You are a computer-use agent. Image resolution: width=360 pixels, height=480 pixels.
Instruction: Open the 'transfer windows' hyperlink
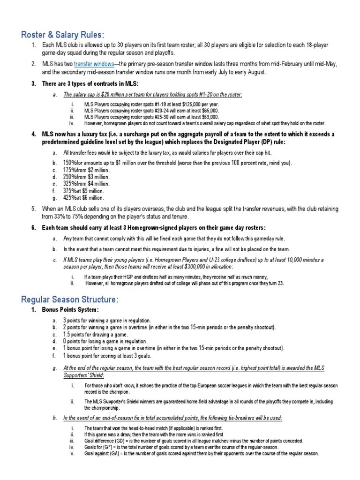[x=94, y=64]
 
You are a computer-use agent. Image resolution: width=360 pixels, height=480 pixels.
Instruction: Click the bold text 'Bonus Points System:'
[x=70, y=310]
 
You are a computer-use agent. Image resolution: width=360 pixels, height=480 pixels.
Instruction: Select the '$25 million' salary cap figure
[x=119, y=94]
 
